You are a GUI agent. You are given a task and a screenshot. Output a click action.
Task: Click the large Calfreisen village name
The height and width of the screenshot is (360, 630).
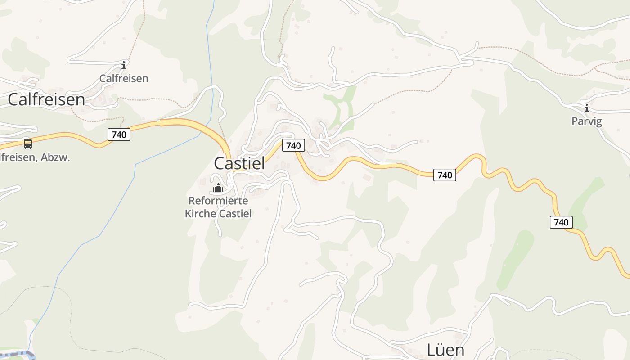46,99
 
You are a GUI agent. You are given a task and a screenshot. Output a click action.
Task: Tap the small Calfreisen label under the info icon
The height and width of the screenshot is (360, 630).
124,78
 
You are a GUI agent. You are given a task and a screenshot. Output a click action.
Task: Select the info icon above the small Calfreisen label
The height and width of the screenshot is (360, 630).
124,65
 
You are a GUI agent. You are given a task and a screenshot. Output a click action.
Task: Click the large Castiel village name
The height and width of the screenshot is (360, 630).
239,163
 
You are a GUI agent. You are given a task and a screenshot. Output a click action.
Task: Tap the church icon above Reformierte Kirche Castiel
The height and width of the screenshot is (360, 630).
218,188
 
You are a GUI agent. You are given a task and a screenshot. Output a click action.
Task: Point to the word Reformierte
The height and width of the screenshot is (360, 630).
218,201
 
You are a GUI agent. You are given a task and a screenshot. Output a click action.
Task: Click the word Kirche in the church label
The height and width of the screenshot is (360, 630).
200,213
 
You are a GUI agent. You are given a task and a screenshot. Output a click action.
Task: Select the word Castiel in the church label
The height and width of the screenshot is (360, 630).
235,213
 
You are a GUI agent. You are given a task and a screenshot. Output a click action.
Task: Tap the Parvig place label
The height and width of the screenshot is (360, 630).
587,121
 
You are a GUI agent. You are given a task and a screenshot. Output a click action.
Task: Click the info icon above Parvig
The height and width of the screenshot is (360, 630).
586,108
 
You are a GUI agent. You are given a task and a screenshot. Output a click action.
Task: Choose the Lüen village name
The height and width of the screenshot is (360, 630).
445,350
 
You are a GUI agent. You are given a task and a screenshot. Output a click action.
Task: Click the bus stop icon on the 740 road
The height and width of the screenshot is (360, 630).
28,144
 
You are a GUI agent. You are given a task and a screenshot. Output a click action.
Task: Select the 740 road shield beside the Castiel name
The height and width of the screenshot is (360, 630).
293,145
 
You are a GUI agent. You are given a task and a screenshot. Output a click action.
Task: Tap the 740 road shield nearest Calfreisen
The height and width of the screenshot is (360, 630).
119,134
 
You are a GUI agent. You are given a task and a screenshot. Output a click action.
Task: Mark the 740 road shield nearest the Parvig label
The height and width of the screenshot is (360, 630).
561,222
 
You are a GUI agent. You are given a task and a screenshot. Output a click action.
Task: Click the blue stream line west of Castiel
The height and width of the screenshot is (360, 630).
135,171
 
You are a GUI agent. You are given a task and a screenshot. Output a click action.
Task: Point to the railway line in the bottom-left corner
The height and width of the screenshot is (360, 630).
18,354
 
